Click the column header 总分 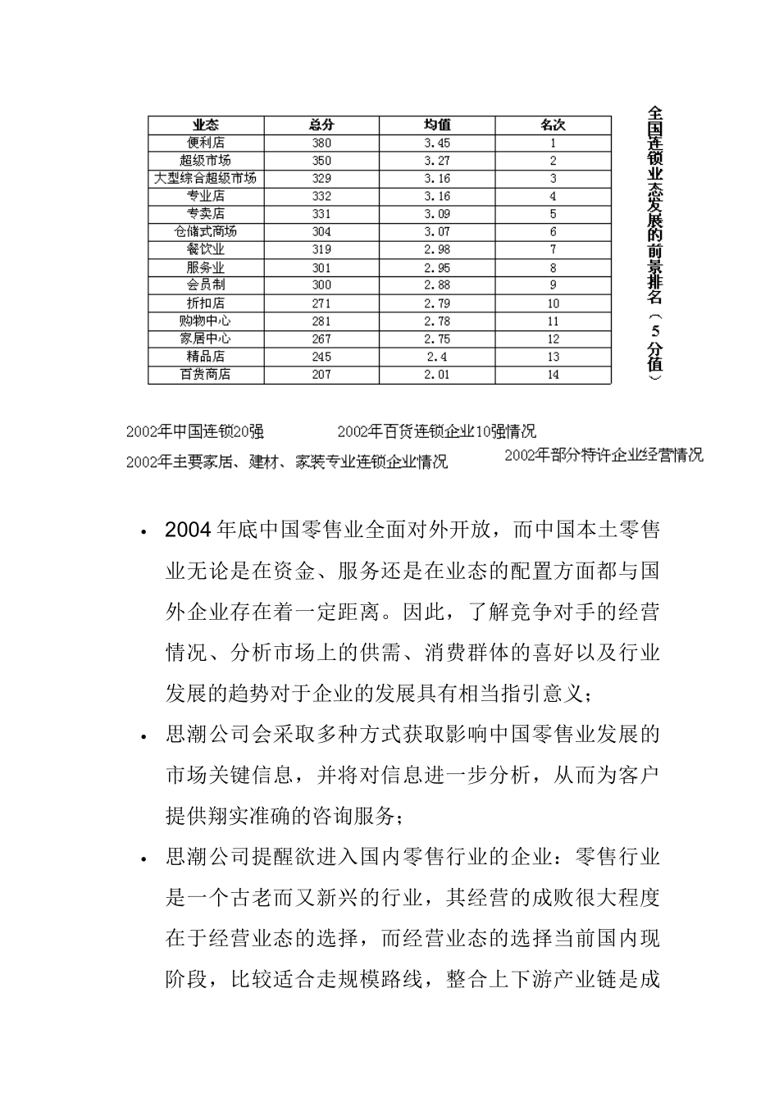(321, 125)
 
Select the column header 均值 (437, 125)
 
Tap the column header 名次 (553, 125)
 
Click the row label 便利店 (206, 143)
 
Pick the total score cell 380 (321, 143)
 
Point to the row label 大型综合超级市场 (206, 178)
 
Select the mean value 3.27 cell (437, 161)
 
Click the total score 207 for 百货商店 (321, 375)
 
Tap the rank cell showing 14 (553, 375)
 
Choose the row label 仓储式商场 (206, 231)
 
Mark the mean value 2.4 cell (437, 357)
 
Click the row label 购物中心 (206, 321)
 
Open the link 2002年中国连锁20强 (195, 432)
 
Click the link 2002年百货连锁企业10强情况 (436, 432)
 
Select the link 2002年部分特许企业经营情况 (604, 455)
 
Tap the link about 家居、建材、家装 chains (287, 462)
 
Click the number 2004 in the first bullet (189, 530)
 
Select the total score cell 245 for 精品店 (321, 357)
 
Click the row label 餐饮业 (206, 249)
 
